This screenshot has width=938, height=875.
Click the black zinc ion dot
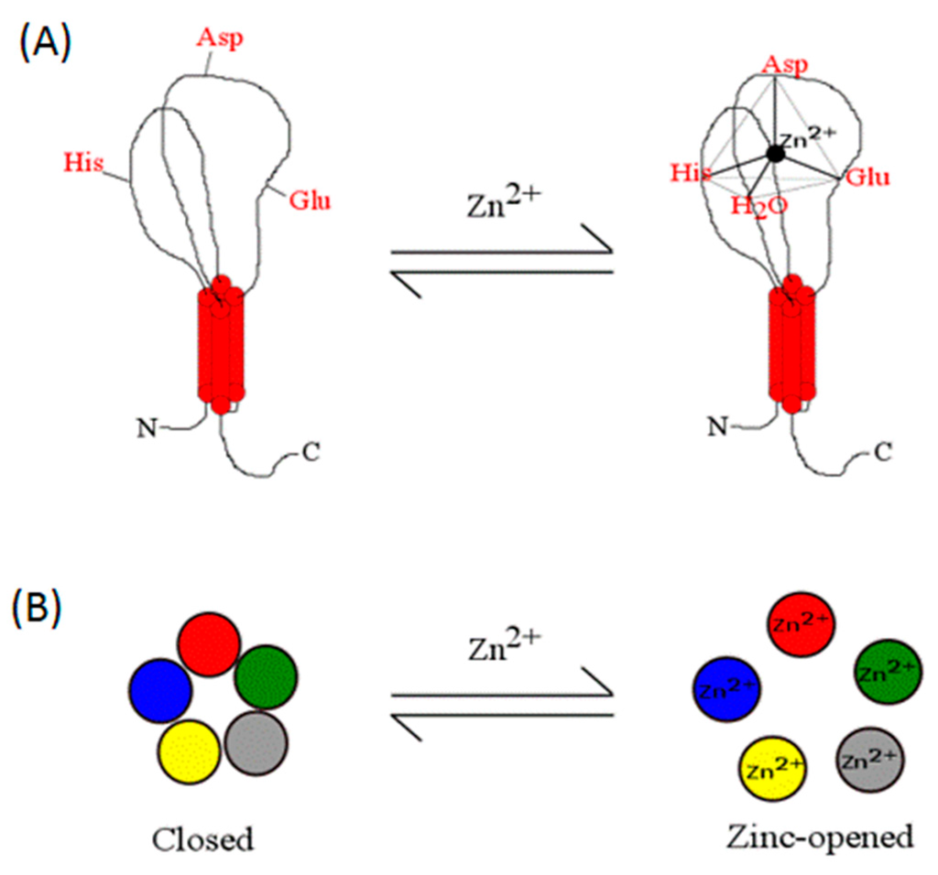[x=776, y=155]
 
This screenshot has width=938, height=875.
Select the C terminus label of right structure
[x=882, y=451]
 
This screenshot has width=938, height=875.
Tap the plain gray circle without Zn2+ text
[x=256, y=742]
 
